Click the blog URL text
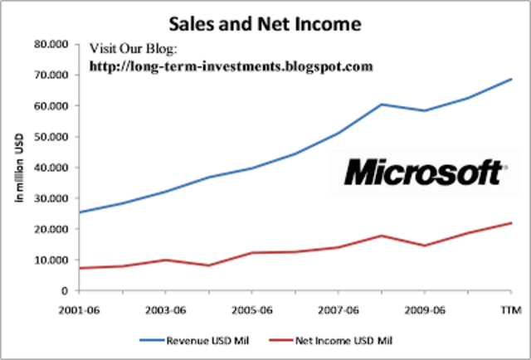[231, 65]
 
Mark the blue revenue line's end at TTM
[511, 80]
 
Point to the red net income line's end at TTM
[511, 223]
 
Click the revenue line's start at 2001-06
[79, 212]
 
